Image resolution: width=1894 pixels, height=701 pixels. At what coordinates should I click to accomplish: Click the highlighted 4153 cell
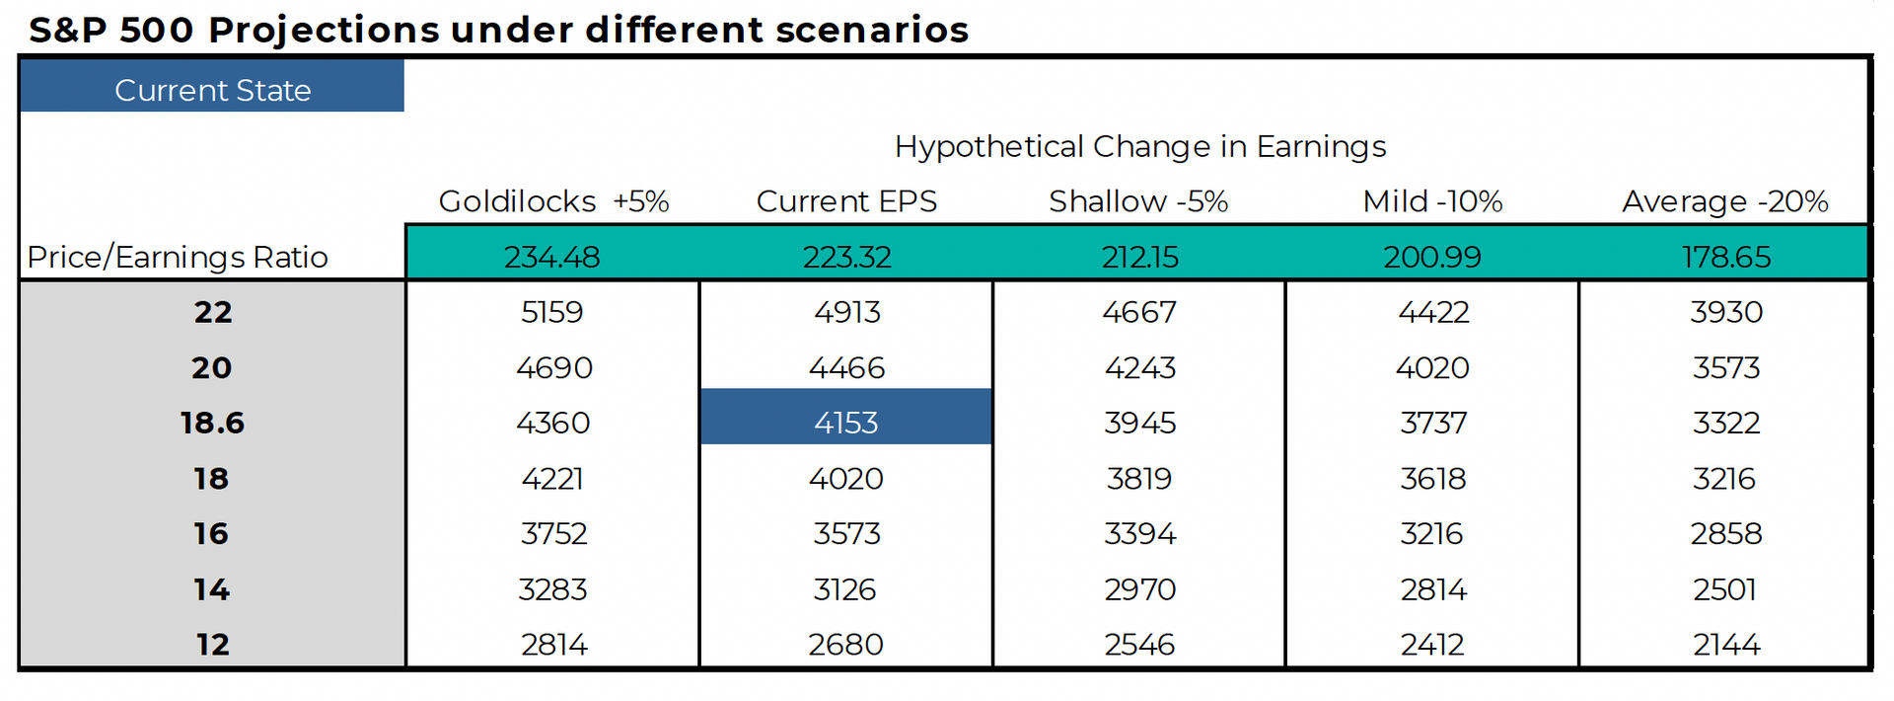pos(845,417)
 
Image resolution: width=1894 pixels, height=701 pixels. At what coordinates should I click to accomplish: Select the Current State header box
pos(212,86)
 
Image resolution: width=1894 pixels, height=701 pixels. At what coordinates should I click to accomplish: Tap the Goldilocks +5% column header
pos(553,201)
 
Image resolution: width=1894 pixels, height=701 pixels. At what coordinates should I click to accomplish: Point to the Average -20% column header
pos(1725,201)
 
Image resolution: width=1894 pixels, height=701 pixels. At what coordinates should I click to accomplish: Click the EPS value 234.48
pos(552,257)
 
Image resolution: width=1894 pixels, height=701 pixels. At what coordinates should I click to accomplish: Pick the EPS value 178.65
pos(1726,257)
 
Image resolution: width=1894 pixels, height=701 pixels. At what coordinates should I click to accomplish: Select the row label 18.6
pos(212,423)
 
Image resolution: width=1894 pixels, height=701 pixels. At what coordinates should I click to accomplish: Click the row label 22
pos(212,312)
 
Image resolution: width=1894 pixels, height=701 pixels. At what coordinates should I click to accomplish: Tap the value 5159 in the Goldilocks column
pos(552,312)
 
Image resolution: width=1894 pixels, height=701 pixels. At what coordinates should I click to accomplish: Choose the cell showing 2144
pos(1726,645)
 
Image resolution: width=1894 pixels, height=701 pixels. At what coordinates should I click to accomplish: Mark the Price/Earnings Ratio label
pos(178,257)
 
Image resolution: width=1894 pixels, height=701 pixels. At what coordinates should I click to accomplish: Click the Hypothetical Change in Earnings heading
pos(1140,146)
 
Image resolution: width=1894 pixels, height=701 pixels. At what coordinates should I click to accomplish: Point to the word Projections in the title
pos(324,31)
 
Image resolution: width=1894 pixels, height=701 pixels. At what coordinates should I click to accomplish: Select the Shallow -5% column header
pos(1138,201)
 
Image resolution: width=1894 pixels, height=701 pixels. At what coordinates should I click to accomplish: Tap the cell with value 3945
pos(1140,423)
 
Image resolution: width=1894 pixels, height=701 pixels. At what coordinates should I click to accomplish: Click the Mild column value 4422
pos(1433,312)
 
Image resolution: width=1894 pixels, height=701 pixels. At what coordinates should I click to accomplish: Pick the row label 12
pos(212,645)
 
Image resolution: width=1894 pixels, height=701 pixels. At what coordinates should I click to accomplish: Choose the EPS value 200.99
pos(1432,257)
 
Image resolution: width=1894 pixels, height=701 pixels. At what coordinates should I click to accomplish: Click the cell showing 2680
pos(845,645)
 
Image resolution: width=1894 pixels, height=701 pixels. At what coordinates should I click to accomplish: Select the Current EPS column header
pos(846,201)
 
